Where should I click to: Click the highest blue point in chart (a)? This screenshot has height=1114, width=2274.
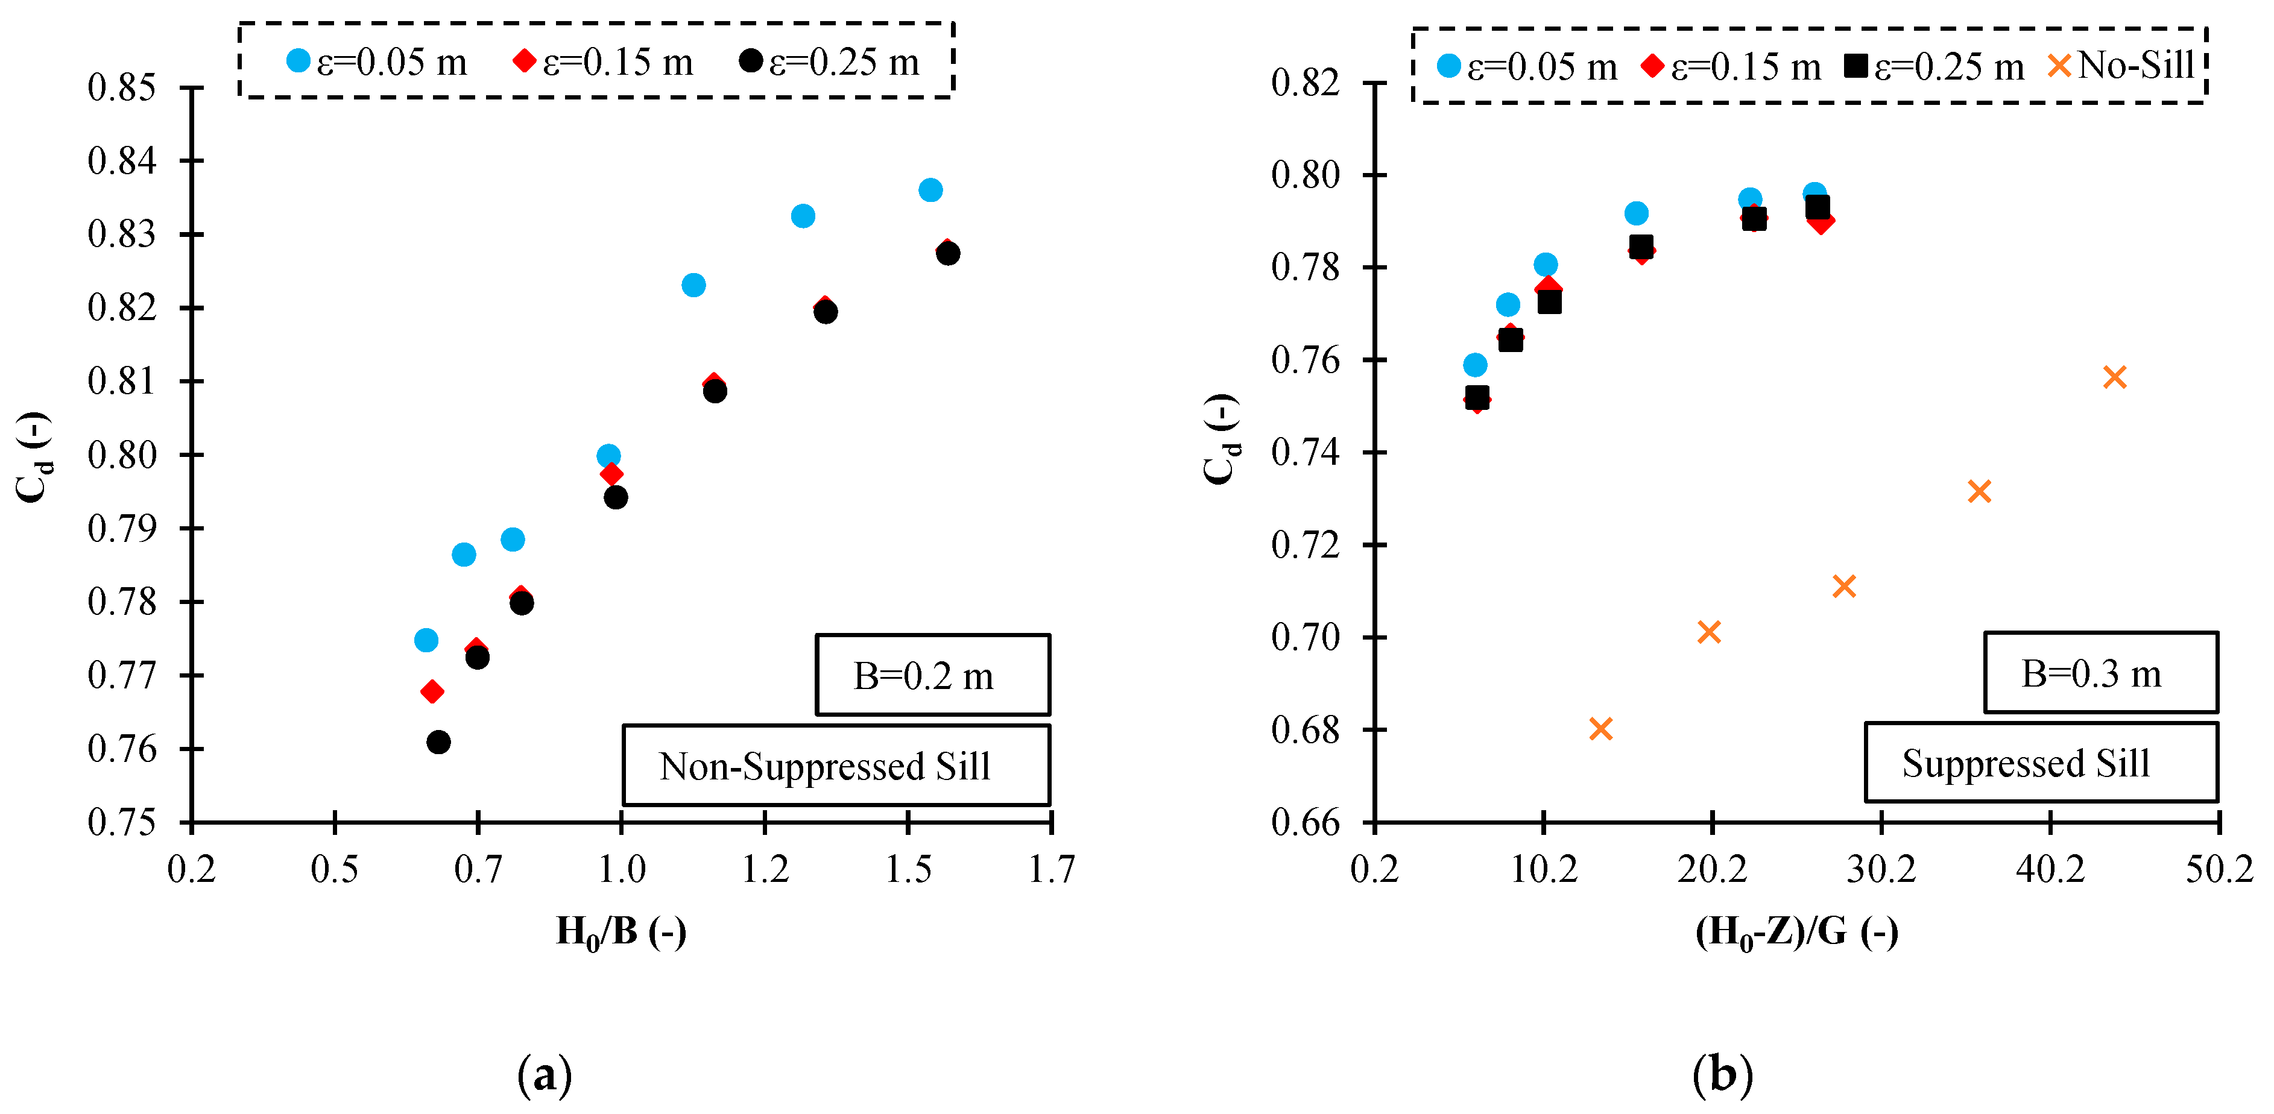pyautogui.click(x=930, y=190)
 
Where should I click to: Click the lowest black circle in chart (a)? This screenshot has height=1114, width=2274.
pyautogui.click(x=438, y=741)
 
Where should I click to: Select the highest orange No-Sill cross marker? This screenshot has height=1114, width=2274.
pyautogui.click(x=2114, y=377)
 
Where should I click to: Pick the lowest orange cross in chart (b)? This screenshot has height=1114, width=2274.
pyautogui.click(x=1600, y=728)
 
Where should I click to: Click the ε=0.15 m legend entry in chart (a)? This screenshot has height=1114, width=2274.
pyautogui.click(x=604, y=62)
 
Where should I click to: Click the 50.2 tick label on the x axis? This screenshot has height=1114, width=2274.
pyautogui.click(x=2219, y=869)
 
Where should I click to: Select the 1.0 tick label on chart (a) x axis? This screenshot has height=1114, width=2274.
pyautogui.click(x=622, y=869)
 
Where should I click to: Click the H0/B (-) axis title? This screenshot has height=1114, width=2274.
pyautogui.click(x=621, y=932)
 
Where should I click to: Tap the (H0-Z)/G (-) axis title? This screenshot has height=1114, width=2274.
pyautogui.click(x=1796, y=932)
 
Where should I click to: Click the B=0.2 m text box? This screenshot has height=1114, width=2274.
pyautogui.click(x=932, y=675)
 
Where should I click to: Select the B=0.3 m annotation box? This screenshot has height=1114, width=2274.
pyautogui.click(x=2100, y=673)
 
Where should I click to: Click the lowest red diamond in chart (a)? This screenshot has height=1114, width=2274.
pyautogui.click(x=432, y=691)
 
